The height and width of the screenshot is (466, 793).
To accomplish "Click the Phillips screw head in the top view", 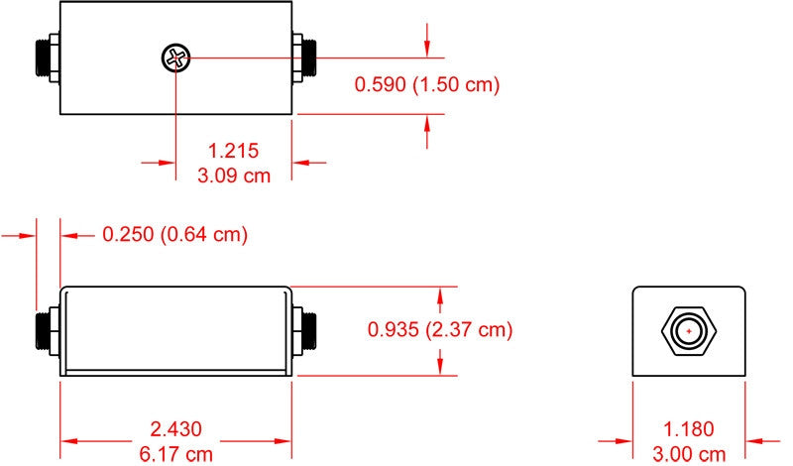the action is tap(176, 58).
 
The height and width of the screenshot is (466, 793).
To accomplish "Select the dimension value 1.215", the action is tap(234, 151).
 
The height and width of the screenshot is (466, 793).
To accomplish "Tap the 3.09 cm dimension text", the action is tap(234, 175).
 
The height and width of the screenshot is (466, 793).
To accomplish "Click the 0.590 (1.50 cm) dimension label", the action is tap(427, 84).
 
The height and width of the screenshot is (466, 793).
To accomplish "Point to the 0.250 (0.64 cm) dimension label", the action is tap(175, 234).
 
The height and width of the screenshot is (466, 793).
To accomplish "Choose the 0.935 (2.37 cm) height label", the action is tap(440, 329).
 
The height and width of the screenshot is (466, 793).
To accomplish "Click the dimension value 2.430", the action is tap(176, 429).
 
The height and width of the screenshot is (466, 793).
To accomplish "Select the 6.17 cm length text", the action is tap(176, 454).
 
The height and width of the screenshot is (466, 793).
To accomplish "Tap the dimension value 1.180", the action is tap(689, 429).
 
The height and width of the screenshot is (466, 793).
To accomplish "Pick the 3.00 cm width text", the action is tap(689, 453).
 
